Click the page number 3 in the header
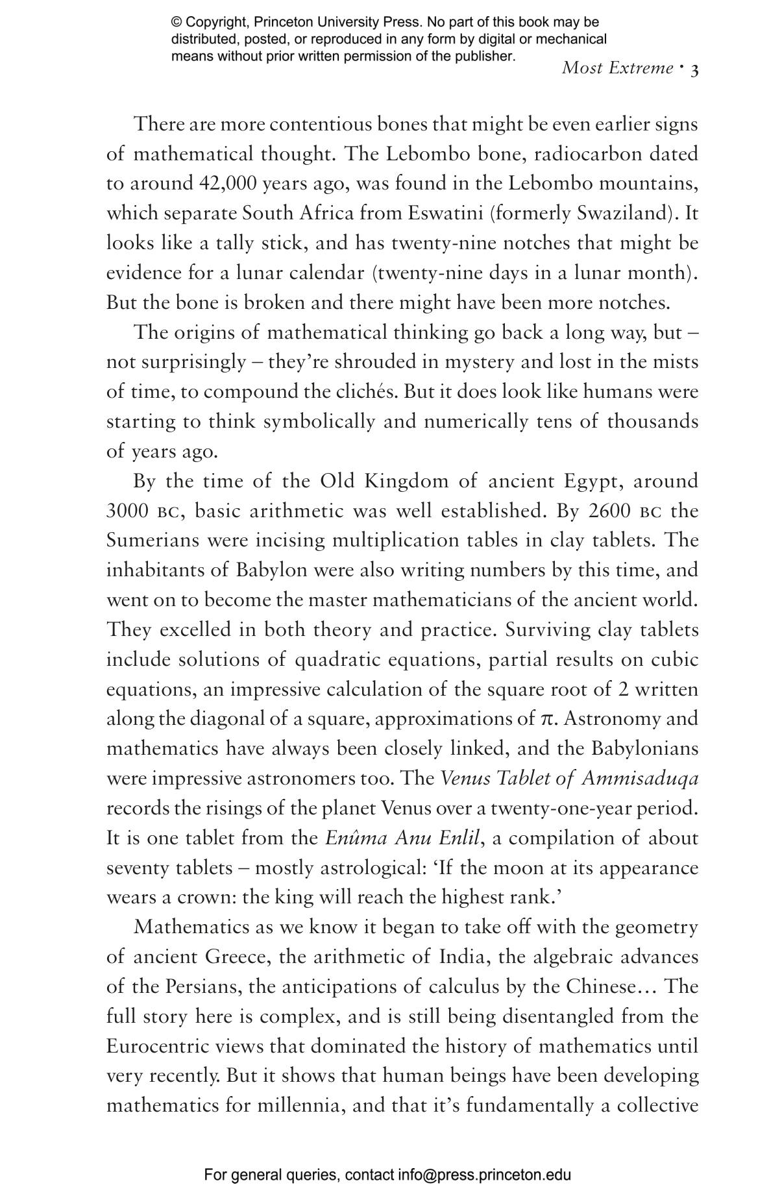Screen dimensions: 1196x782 [x=694, y=69]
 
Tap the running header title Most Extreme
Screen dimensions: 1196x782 [x=617, y=68]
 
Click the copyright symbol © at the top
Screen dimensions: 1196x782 [x=176, y=23]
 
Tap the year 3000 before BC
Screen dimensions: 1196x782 [x=127, y=511]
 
